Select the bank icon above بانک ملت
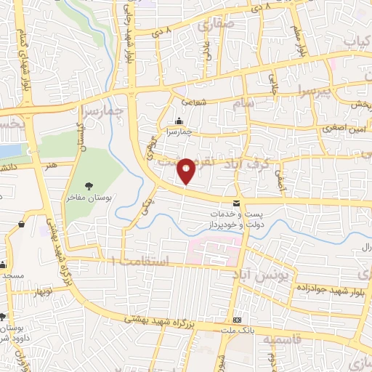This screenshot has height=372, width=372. [x=236, y=320]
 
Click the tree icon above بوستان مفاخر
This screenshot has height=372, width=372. [x=89, y=186]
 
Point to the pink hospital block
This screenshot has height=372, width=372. [x=208, y=251]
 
